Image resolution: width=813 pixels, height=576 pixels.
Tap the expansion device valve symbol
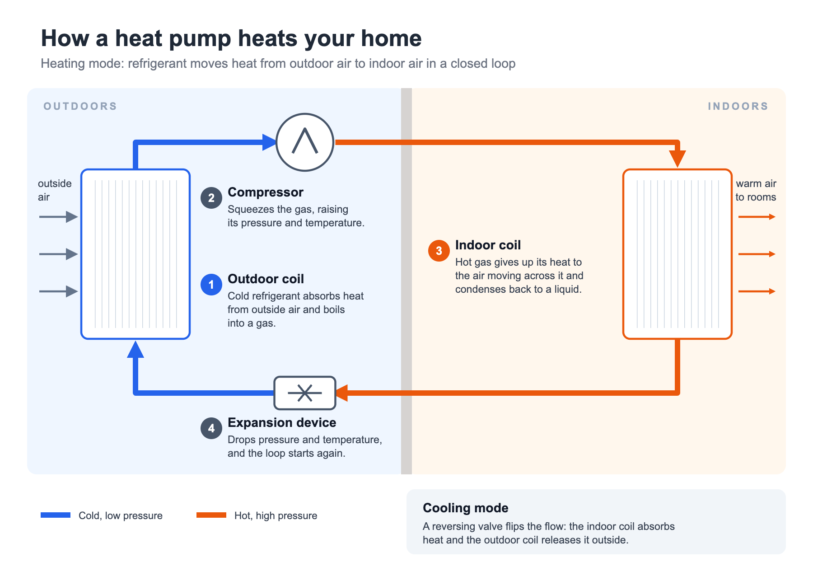[x=305, y=393]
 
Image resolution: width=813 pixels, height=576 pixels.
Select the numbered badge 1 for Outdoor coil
[x=211, y=285]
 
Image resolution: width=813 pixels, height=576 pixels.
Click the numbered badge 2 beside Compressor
[x=211, y=198]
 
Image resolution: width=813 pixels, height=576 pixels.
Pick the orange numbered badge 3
[x=439, y=251]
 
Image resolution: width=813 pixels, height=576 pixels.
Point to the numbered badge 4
[x=211, y=428]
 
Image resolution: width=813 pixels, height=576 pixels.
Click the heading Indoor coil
[x=488, y=245]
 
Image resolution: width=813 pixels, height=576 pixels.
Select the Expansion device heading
[x=282, y=422]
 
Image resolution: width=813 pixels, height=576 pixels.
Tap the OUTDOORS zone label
[x=80, y=106]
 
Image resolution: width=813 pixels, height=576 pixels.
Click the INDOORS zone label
[x=738, y=106]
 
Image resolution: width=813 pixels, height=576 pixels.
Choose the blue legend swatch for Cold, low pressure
[x=56, y=515]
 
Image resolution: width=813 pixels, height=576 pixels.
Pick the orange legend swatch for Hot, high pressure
[x=211, y=515]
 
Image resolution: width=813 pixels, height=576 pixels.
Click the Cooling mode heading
[x=466, y=508]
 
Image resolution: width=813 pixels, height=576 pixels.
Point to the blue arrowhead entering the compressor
[x=269, y=142]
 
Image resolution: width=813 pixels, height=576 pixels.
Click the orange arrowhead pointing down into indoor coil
[x=677, y=159]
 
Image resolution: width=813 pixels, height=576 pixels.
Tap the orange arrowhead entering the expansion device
[x=342, y=393]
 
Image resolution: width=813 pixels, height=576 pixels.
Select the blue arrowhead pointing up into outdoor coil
[x=135, y=349]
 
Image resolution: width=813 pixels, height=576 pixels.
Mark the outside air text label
[x=55, y=190]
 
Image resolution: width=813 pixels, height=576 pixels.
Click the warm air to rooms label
[x=756, y=190]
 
